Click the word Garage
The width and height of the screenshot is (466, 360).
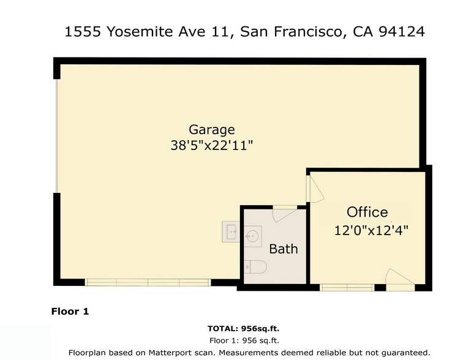[x=211, y=130]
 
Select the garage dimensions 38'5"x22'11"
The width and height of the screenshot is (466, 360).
[x=211, y=146]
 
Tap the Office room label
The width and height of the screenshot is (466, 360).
[x=367, y=212]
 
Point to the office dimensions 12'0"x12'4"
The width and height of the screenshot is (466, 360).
[x=371, y=231]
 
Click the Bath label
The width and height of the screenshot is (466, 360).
[x=284, y=249]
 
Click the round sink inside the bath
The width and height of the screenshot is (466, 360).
[x=253, y=234]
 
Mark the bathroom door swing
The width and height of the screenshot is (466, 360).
[x=283, y=215]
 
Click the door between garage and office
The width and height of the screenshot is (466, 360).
[x=314, y=189]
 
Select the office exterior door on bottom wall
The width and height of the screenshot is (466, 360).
[x=400, y=279]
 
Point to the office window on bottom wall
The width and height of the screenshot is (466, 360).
[x=347, y=287]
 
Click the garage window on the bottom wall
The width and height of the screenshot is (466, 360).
[x=147, y=282]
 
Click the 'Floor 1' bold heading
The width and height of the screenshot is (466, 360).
[x=70, y=312]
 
